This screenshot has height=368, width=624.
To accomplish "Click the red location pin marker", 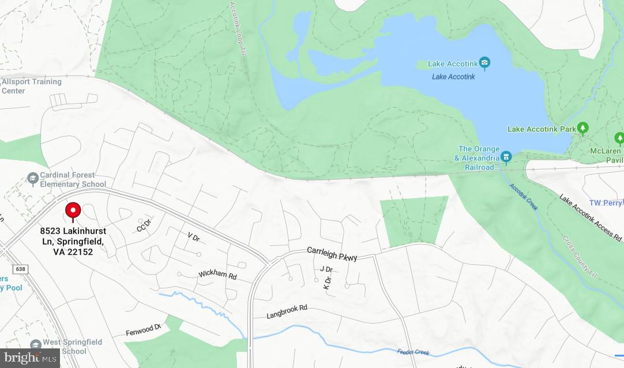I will pyautogui.click(x=73, y=211).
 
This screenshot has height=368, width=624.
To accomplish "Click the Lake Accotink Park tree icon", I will pyautogui.click(x=583, y=128).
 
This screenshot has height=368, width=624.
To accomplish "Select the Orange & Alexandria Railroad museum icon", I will pyautogui.click(x=506, y=156).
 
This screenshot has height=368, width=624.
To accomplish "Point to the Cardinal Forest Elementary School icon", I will pyautogui.click(x=32, y=179).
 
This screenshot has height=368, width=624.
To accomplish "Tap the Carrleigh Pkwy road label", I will pyautogui.click(x=332, y=253).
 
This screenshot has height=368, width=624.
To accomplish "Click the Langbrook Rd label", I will pyautogui.click(x=287, y=312).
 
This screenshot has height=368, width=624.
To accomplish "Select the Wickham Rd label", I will pyautogui.click(x=217, y=275).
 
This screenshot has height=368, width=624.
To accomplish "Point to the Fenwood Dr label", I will pyautogui.click(x=142, y=331).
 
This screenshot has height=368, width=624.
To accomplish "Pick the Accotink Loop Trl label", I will pyautogui.click(x=237, y=28).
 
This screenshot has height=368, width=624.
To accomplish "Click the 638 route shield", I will pyautogui.click(x=21, y=269).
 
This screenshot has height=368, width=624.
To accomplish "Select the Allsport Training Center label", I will pyautogui.click(x=31, y=86).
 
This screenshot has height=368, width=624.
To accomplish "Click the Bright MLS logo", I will pyautogui.click(x=29, y=358).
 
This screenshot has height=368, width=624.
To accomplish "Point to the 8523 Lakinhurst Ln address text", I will pyautogui.click(x=73, y=241).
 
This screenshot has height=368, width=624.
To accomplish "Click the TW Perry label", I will pyautogui.click(x=606, y=203).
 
